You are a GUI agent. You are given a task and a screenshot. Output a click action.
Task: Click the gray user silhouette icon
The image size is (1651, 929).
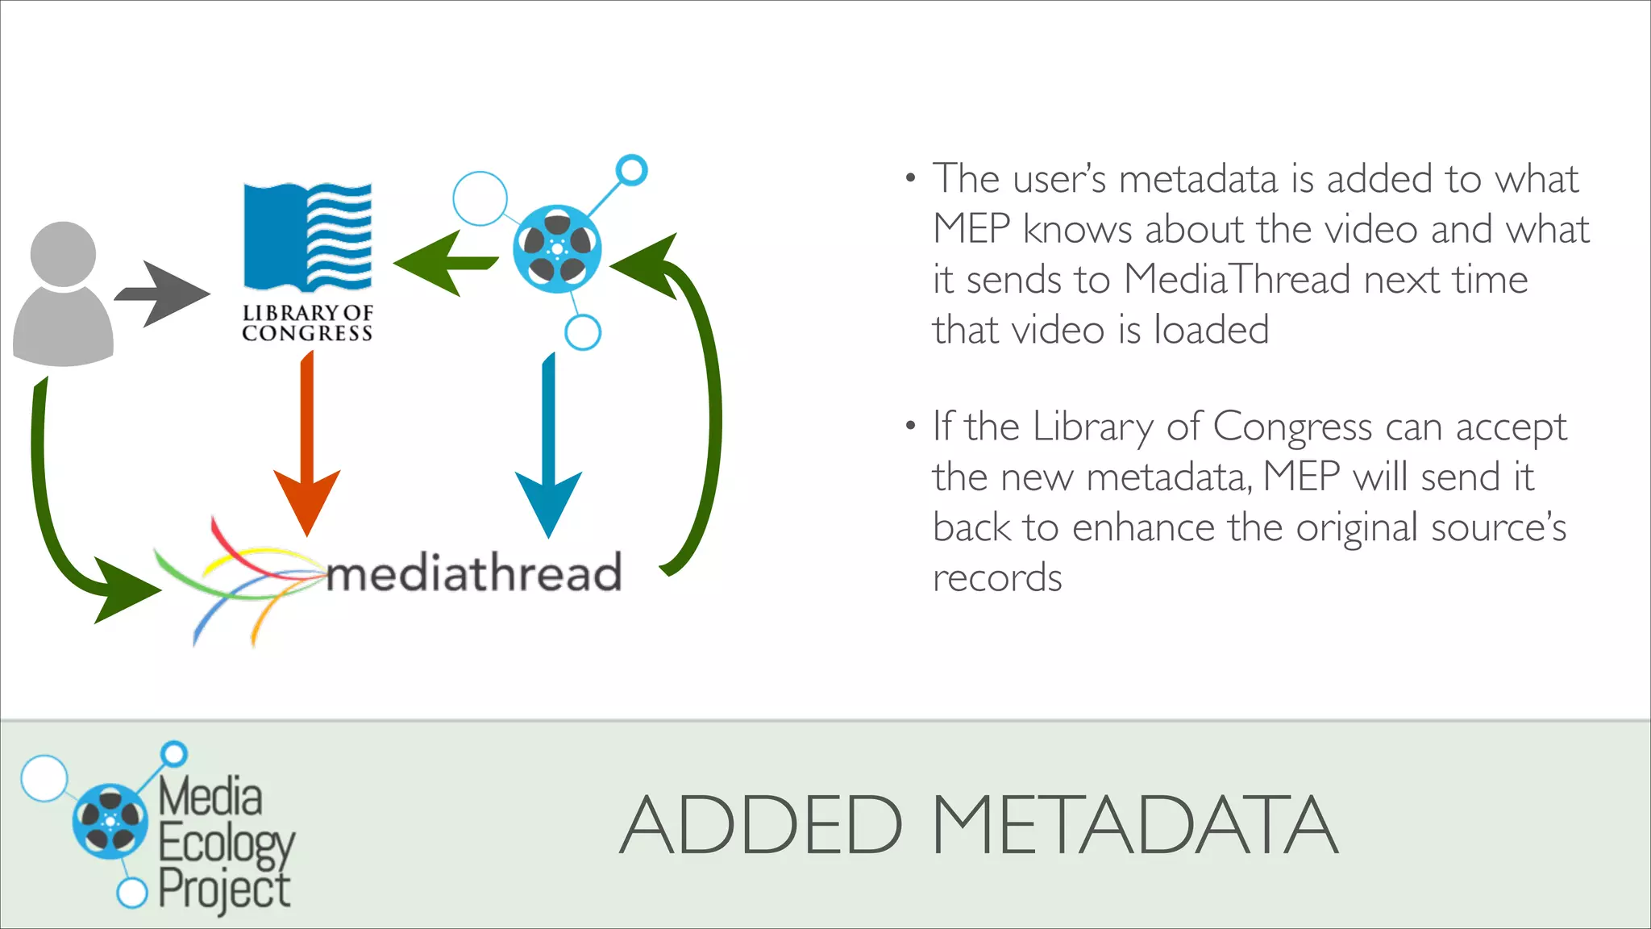pyautogui.click(x=63, y=294)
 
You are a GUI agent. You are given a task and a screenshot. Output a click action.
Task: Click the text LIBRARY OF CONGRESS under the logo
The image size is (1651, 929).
pyautogui.click(x=307, y=323)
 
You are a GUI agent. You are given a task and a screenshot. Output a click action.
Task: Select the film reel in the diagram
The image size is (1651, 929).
pyautogui.click(x=557, y=249)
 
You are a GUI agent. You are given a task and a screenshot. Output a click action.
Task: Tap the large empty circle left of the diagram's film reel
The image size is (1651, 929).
pyautogui.click(x=480, y=198)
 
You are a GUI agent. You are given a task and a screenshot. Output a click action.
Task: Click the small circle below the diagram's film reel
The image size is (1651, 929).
pyautogui.click(x=583, y=331)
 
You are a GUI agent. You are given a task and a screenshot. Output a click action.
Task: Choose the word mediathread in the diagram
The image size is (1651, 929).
pyautogui.click(x=474, y=572)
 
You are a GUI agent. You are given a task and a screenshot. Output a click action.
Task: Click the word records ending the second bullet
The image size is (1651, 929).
pyautogui.click(x=997, y=578)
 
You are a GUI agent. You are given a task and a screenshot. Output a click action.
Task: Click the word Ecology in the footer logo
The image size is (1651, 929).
pyautogui.click(x=227, y=844)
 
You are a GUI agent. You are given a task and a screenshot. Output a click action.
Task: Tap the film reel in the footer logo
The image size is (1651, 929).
pyautogui.click(x=110, y=821)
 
